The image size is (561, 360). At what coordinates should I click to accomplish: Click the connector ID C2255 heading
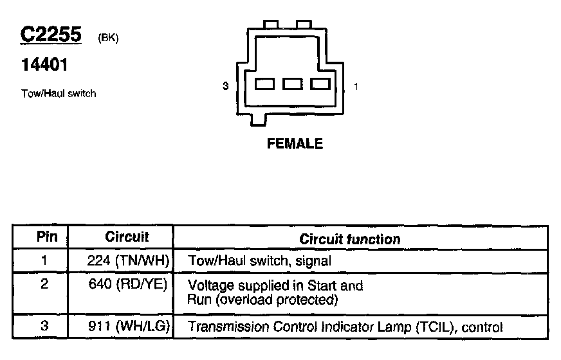click(x=51, y=35)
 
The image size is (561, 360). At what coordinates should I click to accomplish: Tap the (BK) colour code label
click(x=108, y=38)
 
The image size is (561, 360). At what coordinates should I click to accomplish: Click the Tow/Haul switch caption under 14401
click(x=59, y=93)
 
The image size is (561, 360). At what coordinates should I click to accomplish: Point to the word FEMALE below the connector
click(x=295, y=144)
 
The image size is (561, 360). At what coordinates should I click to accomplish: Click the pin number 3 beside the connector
click(x=225, y=85)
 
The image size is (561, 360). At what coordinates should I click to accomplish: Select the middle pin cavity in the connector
click(x=293, y=84)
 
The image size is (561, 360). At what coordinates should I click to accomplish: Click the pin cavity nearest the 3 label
click(x=265, y=84)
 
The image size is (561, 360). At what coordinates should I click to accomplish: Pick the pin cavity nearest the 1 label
click(x=320, y=84)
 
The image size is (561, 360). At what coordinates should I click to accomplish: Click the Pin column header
click(x=46, y=237)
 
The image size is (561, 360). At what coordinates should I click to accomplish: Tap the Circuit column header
click(x=127, y=237)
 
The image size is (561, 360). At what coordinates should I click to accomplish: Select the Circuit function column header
click(x=350, y=239)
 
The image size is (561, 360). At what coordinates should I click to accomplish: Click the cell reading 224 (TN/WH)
click(x=128, y=260)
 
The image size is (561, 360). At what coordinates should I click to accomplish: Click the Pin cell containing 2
click(x=44, y=285)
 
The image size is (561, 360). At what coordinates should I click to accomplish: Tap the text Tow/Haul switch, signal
click(x=259, y=261)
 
